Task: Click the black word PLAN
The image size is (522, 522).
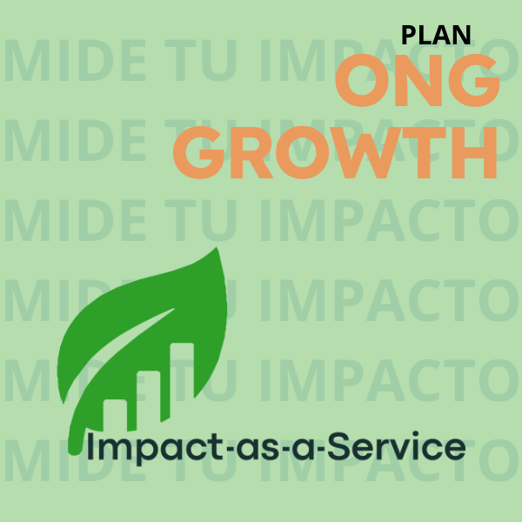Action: [435, 35]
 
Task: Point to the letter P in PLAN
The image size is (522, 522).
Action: [408, 35]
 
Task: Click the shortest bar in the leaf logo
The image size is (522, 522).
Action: [115, 414]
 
